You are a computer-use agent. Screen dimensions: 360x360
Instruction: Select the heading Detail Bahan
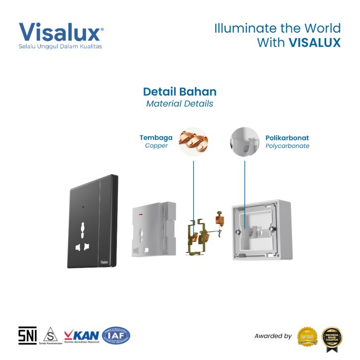click(180, 92)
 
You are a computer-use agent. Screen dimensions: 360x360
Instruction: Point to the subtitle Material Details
click(180, 104)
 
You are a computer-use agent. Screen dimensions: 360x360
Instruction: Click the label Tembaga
click(156, 138)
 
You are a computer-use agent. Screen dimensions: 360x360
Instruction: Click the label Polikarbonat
click(287, 138)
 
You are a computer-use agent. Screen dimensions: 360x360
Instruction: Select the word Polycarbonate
click(287, 146)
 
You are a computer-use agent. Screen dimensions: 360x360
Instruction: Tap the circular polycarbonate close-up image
click(244, 142)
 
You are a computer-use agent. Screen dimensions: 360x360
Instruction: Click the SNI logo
click(28, 336)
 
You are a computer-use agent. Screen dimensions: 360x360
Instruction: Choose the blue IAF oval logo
click(116, 336)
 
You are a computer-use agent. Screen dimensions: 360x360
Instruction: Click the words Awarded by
click(273, 336)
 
